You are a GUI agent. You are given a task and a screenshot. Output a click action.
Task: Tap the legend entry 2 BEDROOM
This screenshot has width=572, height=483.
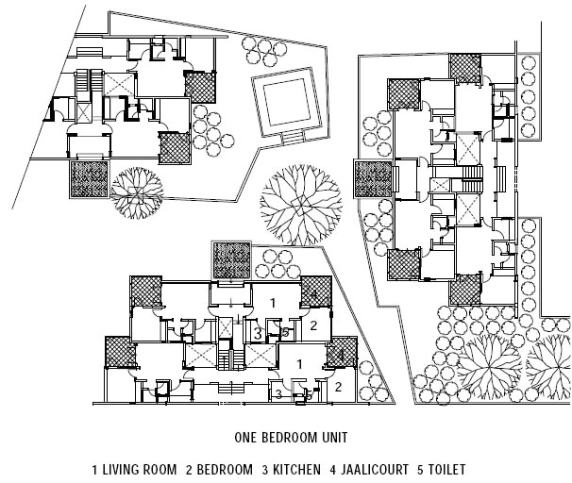coord(218,469)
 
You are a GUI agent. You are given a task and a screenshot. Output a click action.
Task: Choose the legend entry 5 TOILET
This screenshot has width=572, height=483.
coord(441,469)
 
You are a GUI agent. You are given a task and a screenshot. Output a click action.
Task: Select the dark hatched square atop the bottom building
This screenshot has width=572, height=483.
coord(231,259)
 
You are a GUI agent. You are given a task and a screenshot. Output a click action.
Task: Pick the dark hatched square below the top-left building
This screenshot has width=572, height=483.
coord(91,177)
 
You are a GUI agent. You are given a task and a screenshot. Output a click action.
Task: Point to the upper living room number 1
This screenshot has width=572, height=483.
coord(272,303)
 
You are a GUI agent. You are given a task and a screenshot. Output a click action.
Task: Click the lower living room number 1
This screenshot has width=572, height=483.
coord(299,363)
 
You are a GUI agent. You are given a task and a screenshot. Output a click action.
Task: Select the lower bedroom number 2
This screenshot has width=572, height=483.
coord(337,385)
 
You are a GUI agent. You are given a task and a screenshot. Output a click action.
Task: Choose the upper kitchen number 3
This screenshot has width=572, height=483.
coord(257,332)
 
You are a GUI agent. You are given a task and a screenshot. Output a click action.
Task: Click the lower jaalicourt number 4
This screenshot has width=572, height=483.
coord(338,355)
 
